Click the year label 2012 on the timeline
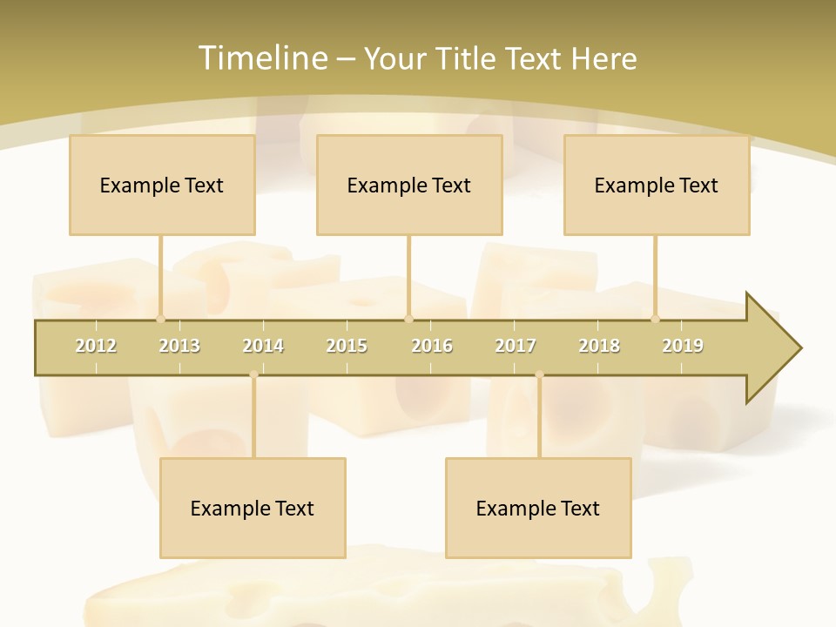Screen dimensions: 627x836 point(96,346)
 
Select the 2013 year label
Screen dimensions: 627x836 point(179,346)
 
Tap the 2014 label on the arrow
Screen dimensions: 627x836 point(263,346)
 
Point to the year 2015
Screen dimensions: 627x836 point(347,346)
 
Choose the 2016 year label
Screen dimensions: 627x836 point(432,346)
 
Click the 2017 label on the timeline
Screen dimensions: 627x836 point(516,346)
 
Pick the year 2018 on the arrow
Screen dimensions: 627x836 point(599,346)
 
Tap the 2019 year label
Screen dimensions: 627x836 point(683,346)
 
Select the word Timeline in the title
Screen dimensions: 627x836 point(261,58)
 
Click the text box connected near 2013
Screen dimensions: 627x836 point(162,185)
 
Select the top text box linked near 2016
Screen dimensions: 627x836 point(409,185)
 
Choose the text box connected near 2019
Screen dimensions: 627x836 point(657,185)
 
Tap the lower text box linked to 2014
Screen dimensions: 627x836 point(253,508)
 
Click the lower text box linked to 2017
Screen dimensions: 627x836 point(538,508)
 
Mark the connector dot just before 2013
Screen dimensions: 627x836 point(160,319)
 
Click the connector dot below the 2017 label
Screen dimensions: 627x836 point(539,375)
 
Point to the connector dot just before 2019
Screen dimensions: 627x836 point(656,319)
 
